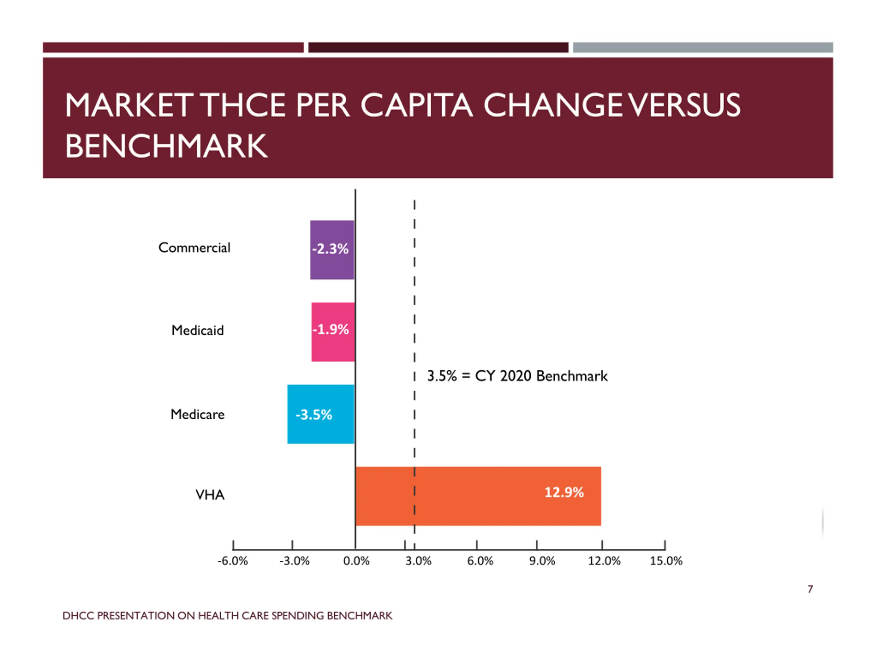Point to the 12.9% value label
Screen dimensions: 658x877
tap(564, 492)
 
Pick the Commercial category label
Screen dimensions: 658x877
tap(194, 248)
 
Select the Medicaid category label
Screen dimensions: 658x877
tap(197, 330)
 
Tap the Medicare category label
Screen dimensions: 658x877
tap(197, 414)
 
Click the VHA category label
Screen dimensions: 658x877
tap(210, 495)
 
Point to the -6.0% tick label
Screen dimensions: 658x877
tap(232, 561)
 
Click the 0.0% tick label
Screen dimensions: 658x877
tap(356, 561)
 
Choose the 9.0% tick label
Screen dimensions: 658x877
tap(542, 561)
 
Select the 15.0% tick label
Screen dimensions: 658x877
tap(666, 561)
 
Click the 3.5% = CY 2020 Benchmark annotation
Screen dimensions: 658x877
tap(517, 376)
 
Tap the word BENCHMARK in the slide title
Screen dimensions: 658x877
tap(166, 146)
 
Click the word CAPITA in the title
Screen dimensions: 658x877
tap(416, 106)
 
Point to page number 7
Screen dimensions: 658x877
tap(810, 589)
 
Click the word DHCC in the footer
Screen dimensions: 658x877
tap(78, 616)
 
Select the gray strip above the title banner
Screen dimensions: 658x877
tap(703, 48)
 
